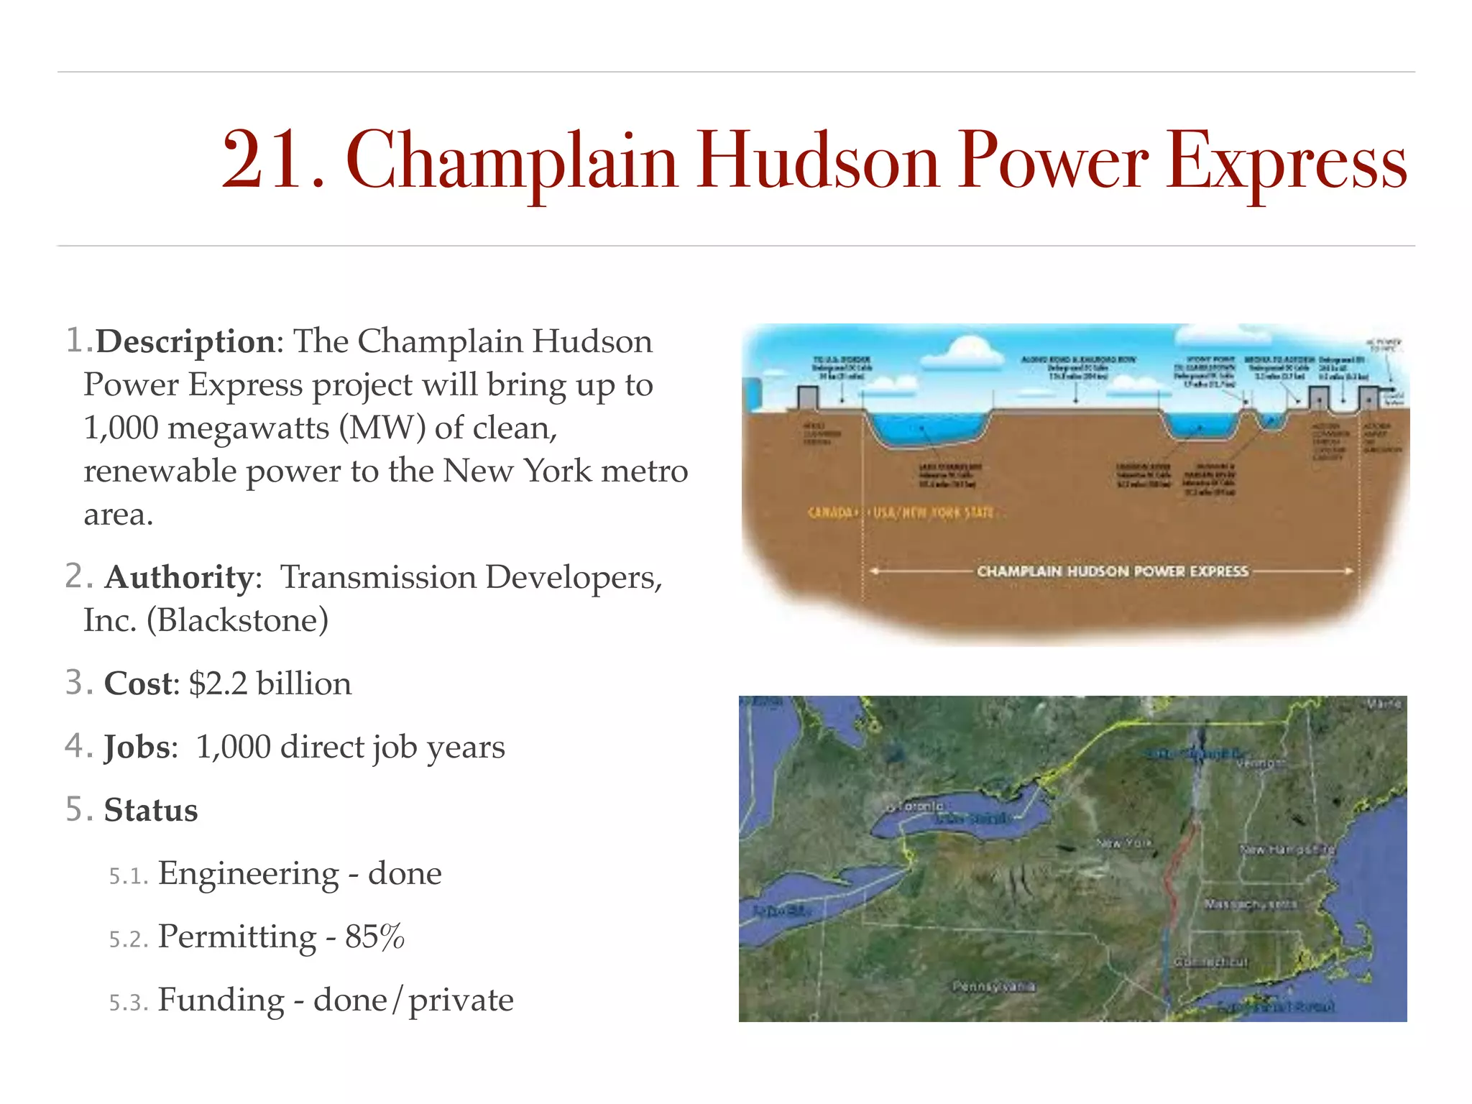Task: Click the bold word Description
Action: pyautogui.click(x=185, y=341)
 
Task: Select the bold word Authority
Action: pyautogui.click(x=179, y=577)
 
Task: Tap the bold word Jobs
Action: pyautogui.click(x=139, y=747)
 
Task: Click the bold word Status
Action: pyautogui.click(x=151, y=810)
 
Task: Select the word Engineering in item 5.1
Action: pyautogui.click(x=248, y=873)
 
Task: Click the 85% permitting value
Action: pyautogui.click(x=374, y=937)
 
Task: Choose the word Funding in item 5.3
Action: pyautogui.click(x=221, y=1000)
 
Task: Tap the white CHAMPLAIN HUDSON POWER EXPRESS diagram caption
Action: pyautogui.click(x=1112, y=571)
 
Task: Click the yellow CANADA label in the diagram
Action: pyautogui.click(x=830, y=512)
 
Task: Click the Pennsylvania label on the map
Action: pyautogui.click(x=994, y=986)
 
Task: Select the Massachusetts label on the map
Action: pyautogui.click(x=1250, y=903)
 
